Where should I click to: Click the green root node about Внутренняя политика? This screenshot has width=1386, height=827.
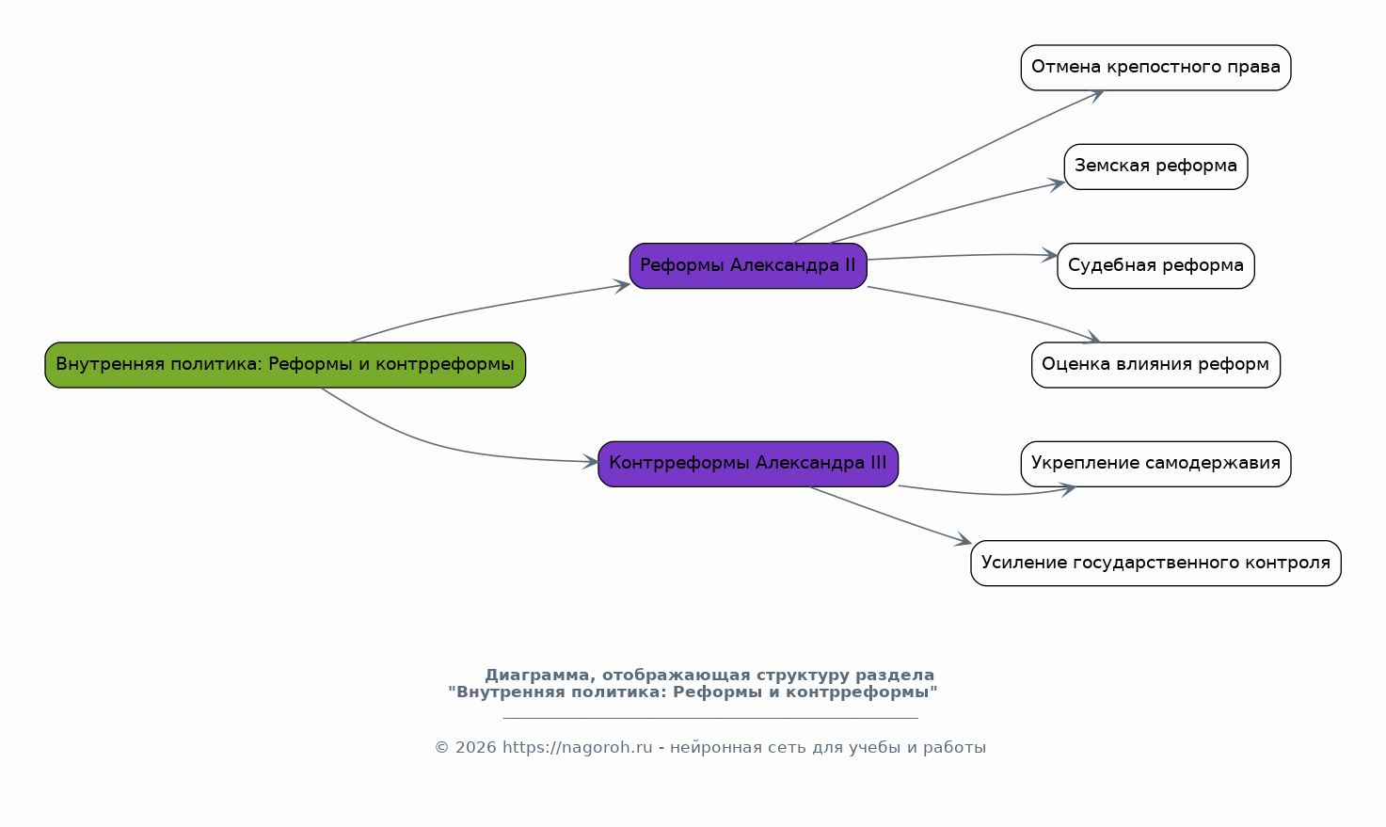(x=285, y=365)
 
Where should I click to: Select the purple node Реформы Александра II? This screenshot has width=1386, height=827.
(x=748, y=265)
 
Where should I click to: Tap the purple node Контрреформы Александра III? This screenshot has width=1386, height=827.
(x=748, y=464)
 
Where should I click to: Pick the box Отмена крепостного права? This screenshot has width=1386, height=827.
(x=1155, y=68)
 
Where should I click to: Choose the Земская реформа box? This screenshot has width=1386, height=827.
(x=1155, y=167)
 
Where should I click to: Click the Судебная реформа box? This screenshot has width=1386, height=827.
(x=1155, y=265)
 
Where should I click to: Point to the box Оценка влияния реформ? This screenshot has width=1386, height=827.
(x=1155, y=365)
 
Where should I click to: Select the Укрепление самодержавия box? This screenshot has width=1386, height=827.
(x=1155, y=464)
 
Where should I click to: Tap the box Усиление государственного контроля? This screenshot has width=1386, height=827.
(x=1155, y=563)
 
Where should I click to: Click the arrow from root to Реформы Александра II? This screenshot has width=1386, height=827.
(x=489, y=307)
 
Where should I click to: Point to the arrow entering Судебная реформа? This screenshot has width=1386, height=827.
(x=960, y=255)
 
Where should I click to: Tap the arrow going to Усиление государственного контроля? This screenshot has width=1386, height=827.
(x=889, y=515)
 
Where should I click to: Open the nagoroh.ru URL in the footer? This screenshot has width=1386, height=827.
(x=577, y=748)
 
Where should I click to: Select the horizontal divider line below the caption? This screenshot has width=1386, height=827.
(x=710, y=718)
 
